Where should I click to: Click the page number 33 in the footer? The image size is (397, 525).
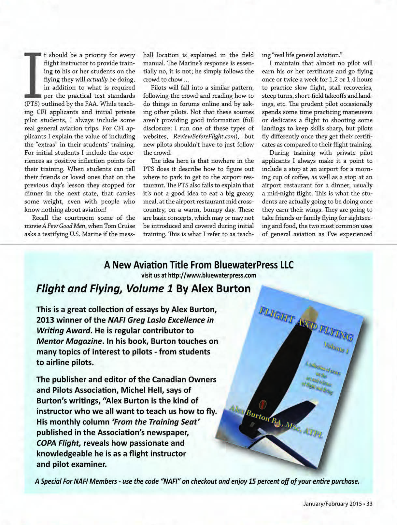[x=369, y=504]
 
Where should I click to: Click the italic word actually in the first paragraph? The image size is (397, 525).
[x=97, y=79]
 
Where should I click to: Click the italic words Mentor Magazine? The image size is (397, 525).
[x=69, y=341]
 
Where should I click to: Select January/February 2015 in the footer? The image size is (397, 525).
[x=332, y=504]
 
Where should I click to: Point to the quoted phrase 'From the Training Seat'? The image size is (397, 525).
[x=156, y=422]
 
